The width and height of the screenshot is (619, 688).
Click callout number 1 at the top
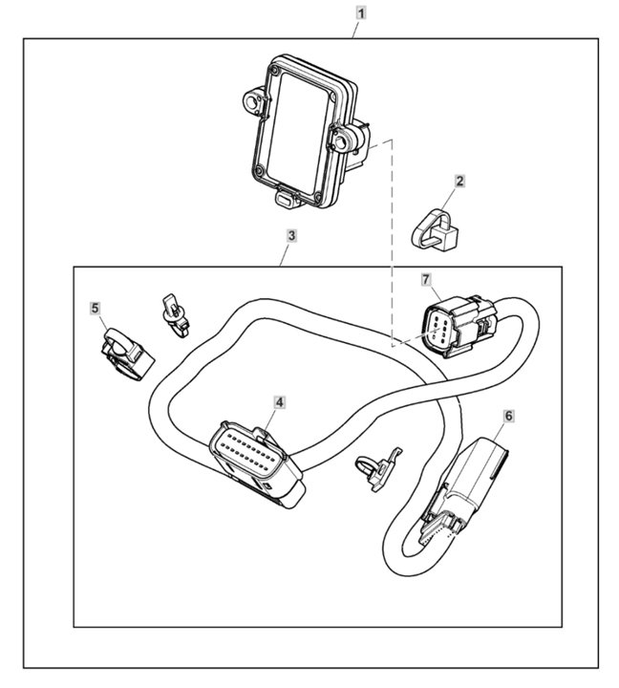point(361,13)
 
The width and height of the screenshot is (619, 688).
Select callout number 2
point(459,180)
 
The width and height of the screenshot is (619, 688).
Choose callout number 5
point(95,308)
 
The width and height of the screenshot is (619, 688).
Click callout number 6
point(508,416)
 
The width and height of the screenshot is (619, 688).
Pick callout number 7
point(427,279)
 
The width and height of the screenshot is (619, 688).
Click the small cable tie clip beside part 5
point(174,313)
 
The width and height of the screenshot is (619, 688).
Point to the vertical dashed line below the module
point(394,239)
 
